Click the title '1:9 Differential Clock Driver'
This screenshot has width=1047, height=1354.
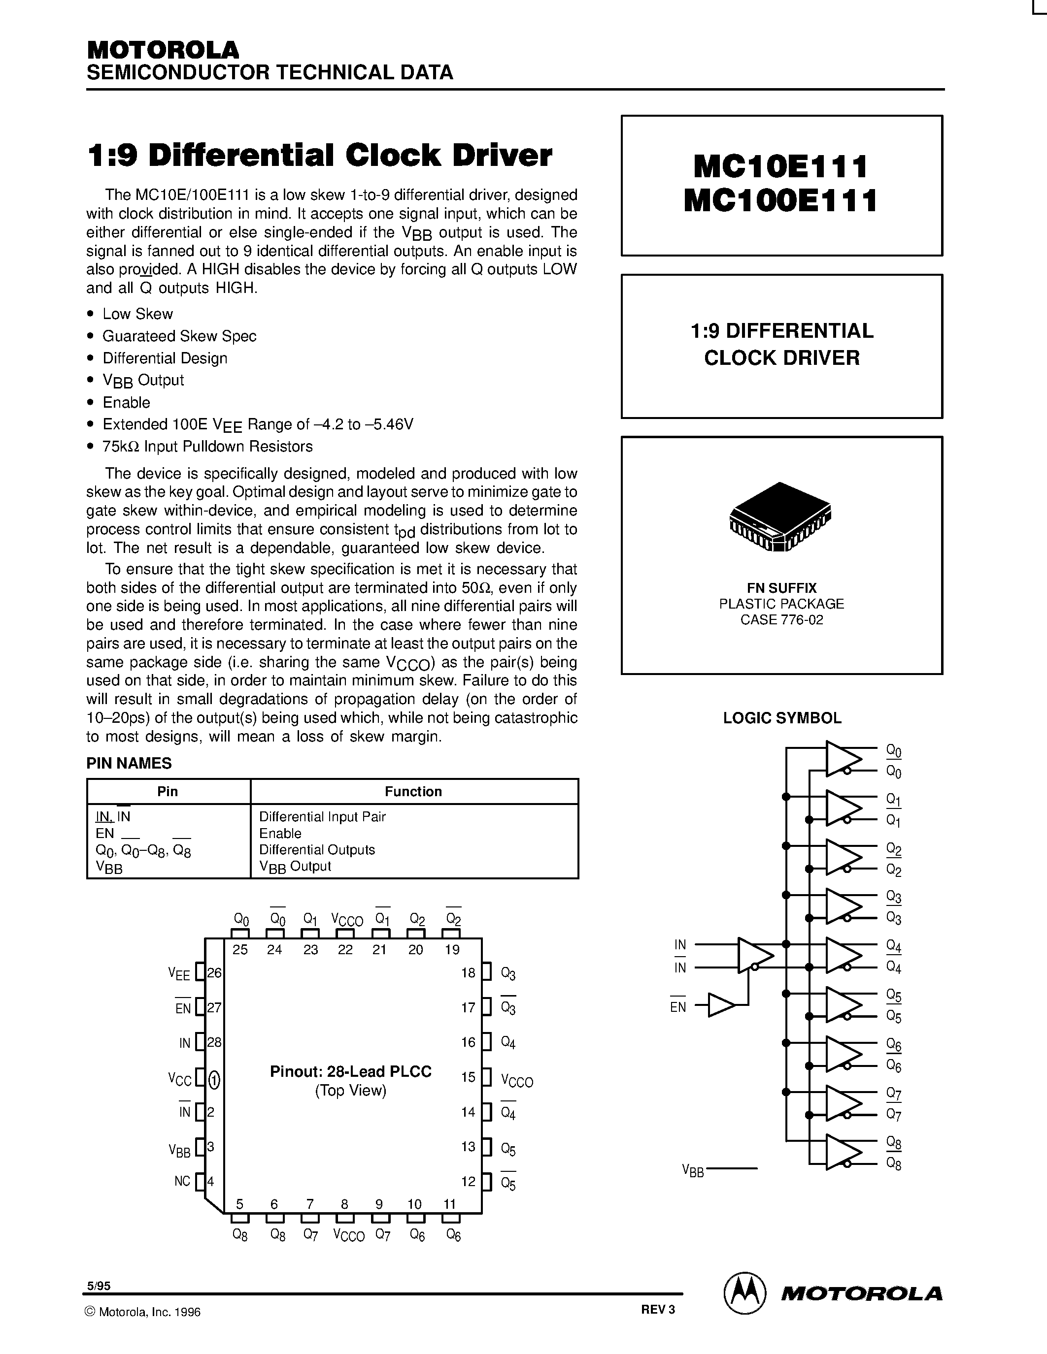pos(319,156)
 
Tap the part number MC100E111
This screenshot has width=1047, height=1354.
pos(781,201)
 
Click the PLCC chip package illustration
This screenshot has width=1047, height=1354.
pos(780,516)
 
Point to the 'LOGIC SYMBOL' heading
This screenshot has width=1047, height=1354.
pos(781,718)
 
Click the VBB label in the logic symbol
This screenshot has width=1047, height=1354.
pos(693,1170)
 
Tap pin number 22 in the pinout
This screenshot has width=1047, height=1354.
pos(345,949)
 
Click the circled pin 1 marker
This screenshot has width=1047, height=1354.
pos(214,1081)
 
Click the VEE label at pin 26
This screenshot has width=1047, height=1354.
pos(179,973)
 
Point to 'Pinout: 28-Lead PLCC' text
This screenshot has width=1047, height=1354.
pos(350,1071)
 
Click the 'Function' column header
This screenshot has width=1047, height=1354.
pos(413,791)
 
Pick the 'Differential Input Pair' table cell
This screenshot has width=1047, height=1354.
pos(322,816)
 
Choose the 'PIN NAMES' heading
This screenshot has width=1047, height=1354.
pos(129,763)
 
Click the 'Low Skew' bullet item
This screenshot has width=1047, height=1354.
pos(137,314)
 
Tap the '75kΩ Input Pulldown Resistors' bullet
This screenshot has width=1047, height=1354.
pos(207,447)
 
